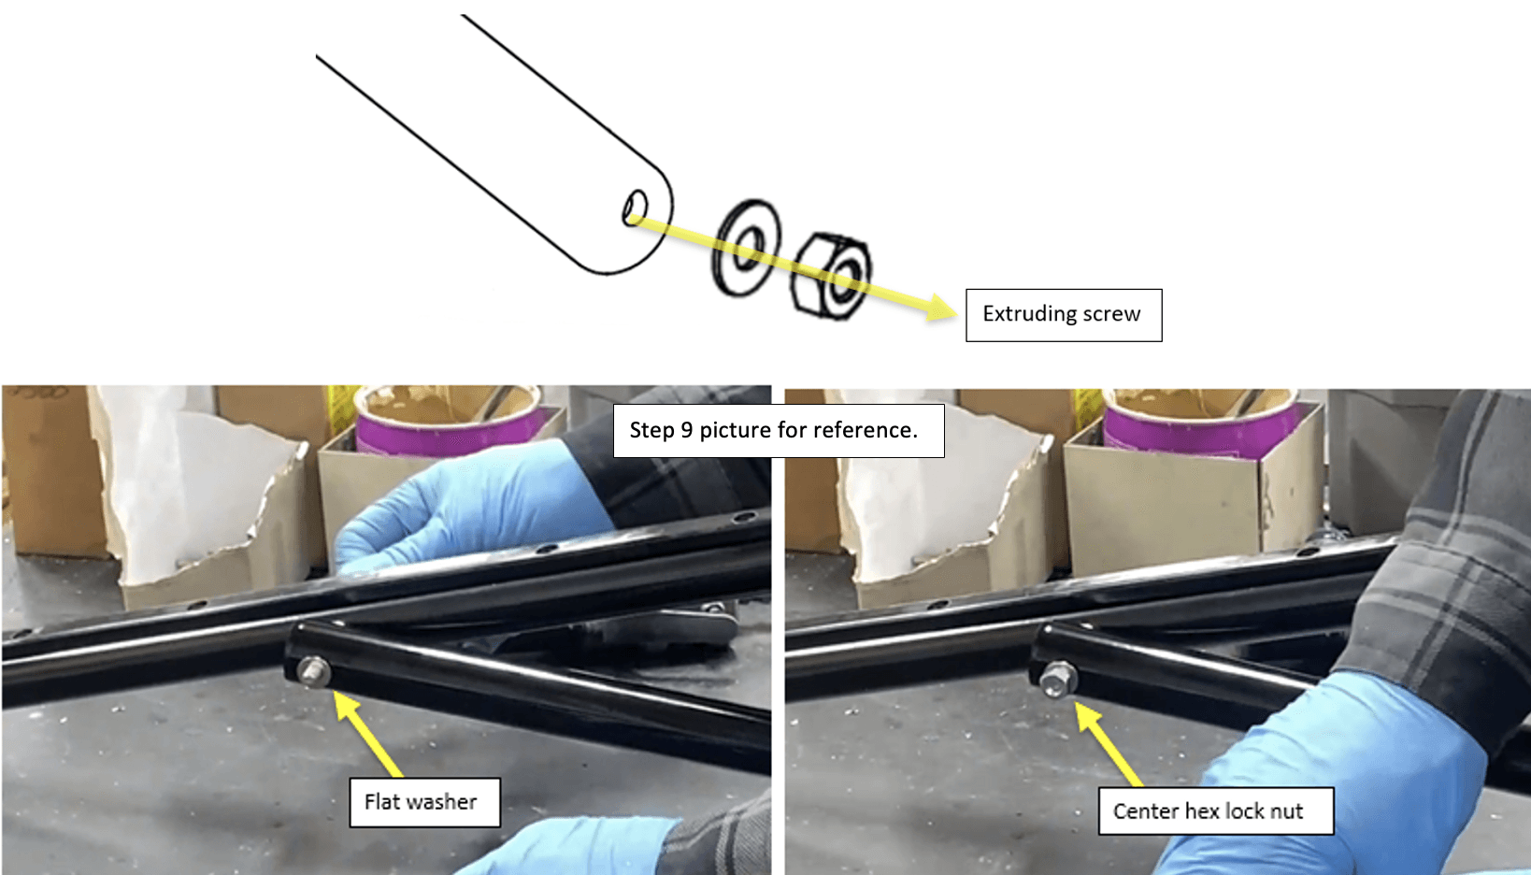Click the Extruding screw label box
pyautogui.click(x=1064, y=315)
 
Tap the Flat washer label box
pyautogui.click(x=424, y=802)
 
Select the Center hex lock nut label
pyautogui.click(x=1216, y=810)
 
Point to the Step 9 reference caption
pyautogui.click(x=779, y=430)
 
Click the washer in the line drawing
pyautogui.click(x=746, y=248)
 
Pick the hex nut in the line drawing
pyautogui.click(x=830, y=275)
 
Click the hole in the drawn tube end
pyautogui.click(x=635, y=208)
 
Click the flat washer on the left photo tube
pyautogui.click(x=314, y=672)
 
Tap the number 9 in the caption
pyautogui.click(x=687, y=430)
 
